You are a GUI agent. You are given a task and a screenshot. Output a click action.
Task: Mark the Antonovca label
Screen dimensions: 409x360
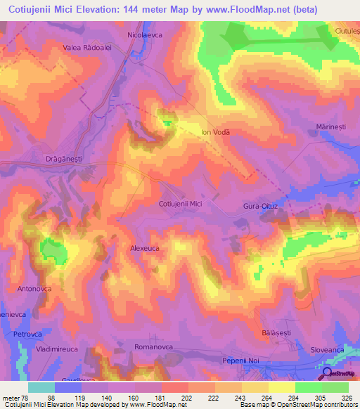[x=34, y=289]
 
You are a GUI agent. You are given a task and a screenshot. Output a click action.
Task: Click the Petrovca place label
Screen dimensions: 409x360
[x=29, y=334]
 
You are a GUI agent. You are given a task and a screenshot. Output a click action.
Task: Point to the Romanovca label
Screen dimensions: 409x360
[x=154, y=348]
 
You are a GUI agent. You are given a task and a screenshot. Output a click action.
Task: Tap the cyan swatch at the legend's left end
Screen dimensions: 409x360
[x=41, y=387]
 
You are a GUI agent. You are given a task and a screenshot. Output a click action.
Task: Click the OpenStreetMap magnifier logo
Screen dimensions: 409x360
[x=328, y=372]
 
